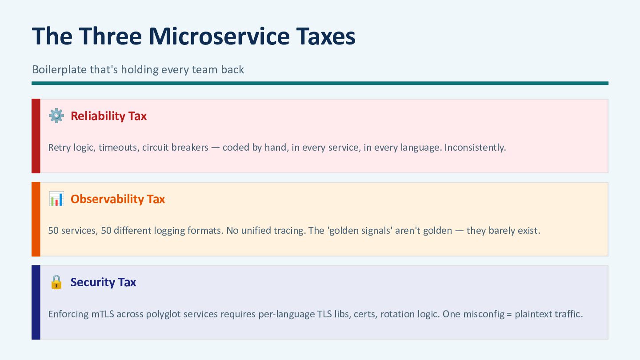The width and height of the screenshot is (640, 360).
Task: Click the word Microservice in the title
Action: (219, 36)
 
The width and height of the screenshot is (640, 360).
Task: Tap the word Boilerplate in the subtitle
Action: (60, 70)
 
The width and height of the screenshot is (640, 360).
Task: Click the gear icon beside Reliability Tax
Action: (56, 116)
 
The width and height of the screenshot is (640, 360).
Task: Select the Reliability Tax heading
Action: (108, 116)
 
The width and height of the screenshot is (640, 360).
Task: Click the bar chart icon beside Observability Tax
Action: (56, 199)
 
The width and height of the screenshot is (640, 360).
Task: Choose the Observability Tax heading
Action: (118, 199)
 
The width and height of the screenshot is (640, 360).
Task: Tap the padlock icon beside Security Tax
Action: (56, 282)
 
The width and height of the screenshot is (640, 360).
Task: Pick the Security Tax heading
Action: (103, 282)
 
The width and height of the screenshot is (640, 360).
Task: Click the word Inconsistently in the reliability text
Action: (475, 148)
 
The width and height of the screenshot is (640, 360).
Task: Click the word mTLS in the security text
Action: (103, 314)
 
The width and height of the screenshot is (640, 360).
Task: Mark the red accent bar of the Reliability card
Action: (36, 136)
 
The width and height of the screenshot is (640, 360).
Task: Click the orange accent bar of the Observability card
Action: (36, 219)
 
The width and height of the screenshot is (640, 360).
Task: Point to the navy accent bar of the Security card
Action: (36, 302)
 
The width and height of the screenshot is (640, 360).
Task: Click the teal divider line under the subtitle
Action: (320, 83)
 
